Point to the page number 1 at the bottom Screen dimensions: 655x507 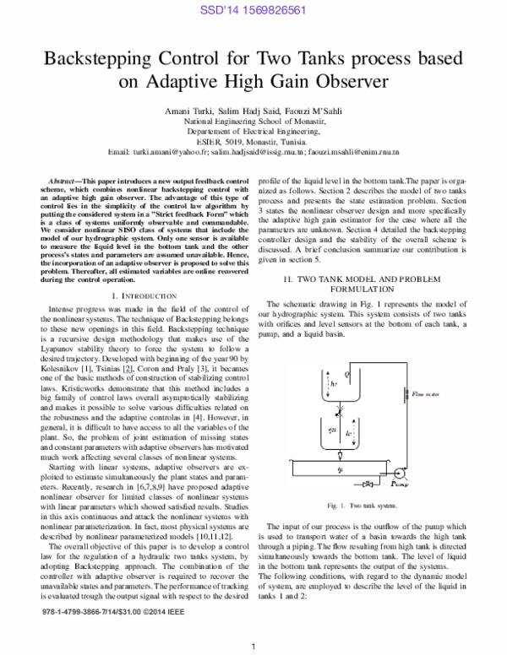pyautogui.click(x=253, y=647)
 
